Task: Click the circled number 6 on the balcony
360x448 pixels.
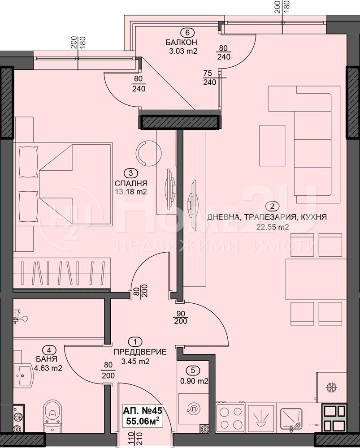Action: [187, 32]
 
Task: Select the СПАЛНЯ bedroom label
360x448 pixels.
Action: [131, 183]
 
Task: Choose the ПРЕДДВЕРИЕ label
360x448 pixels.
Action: [140, 352]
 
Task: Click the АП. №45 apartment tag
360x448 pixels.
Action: [143, 411]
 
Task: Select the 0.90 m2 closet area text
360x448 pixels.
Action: [194, 381]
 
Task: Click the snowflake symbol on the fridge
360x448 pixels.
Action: [332, 388]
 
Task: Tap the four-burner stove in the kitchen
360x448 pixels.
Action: [230, 418]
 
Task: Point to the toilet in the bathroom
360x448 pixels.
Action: [52, 413]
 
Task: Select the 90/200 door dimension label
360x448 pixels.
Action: [181, 318]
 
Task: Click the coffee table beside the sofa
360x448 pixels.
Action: [272, 146]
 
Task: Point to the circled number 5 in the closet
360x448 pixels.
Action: [193, 370]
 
